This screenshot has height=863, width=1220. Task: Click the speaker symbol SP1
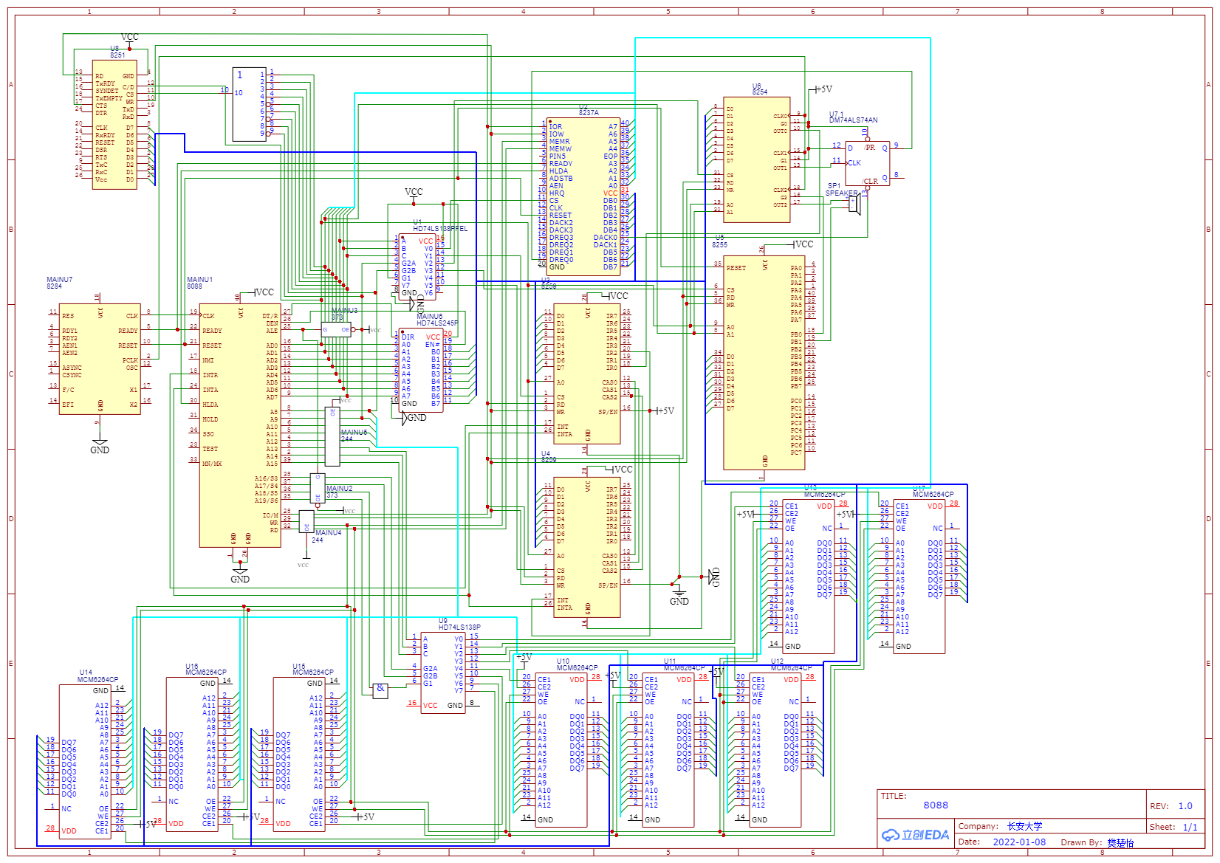855,204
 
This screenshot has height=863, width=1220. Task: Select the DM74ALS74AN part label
853,120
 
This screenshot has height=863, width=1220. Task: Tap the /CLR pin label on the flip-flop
871,181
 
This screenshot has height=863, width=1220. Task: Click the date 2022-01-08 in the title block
1019,842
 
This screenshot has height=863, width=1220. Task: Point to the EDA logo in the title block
915,835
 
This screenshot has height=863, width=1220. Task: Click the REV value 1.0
1185,806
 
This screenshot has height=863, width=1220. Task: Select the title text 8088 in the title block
935,805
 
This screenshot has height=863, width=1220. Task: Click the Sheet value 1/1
1190,828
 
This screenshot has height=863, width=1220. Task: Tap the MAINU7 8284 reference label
60,283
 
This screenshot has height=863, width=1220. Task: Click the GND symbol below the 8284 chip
100,446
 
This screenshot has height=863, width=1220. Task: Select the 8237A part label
589,113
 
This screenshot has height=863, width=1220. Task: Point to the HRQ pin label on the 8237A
557,193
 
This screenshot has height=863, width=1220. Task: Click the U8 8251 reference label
117,52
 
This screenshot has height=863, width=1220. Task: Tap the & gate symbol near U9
380,690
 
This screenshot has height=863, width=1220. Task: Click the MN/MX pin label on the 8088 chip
212,464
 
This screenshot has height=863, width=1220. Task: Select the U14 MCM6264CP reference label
97,676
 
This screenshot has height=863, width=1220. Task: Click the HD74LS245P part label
437,323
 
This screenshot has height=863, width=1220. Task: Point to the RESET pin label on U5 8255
736,268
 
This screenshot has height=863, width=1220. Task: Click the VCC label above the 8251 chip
129,37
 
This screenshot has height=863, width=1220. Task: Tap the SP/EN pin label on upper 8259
609,412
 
